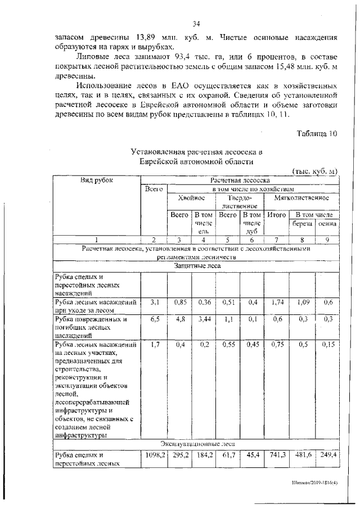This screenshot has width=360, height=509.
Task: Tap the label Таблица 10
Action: (316, 133)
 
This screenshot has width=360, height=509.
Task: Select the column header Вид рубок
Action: (96, 180)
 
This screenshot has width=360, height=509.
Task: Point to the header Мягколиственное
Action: (301, 199)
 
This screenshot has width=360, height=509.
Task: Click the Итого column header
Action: (276, 215)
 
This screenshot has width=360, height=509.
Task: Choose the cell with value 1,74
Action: (276, 302)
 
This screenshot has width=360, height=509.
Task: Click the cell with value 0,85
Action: (180, 302)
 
